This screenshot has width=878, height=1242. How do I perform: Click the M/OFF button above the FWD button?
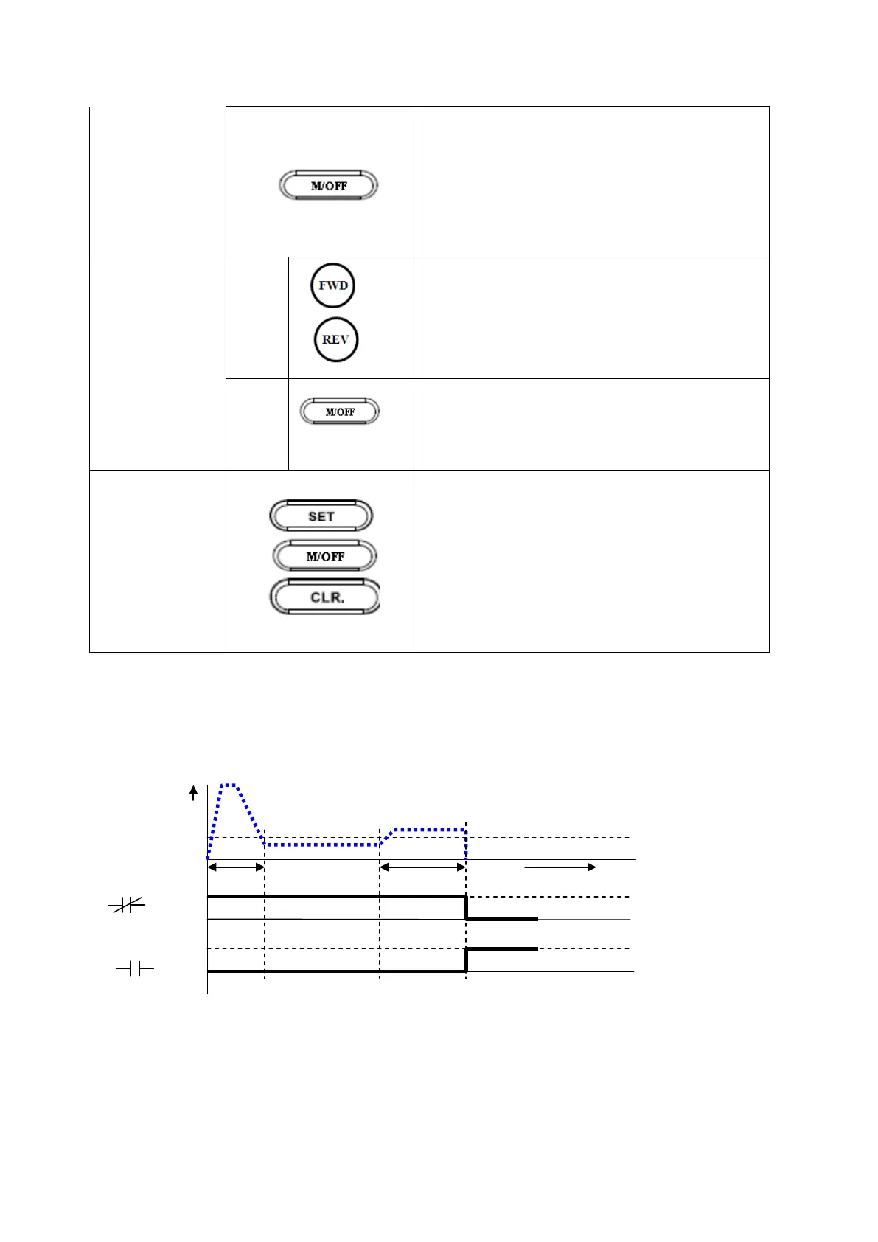[328, 186]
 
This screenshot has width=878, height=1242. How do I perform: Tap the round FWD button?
[333, 285]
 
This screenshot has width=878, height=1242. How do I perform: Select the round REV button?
[336, 340]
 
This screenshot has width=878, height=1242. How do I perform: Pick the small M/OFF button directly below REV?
[340, 412]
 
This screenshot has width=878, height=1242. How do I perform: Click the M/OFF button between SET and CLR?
[325, 556]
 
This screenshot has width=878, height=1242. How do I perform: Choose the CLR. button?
[325, 597]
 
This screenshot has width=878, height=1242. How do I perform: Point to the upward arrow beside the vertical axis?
[194, 793]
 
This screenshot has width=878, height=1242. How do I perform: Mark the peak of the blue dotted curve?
[229, 785]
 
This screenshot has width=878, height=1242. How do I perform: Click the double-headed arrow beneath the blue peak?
[236, 867]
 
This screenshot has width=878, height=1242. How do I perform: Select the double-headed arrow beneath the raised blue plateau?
[422, 867]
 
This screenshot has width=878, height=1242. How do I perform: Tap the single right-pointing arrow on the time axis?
[560, 867]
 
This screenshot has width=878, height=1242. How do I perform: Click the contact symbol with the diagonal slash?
[128, 906]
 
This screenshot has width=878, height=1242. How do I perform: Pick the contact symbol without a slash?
[135, 970]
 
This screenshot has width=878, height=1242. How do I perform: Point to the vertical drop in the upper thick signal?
[467, 908]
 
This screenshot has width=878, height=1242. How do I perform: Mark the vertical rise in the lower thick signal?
[467, 960]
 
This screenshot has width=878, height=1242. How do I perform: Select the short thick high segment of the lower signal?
[503, 949]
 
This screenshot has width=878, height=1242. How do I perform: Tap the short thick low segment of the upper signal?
[503, 919]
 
